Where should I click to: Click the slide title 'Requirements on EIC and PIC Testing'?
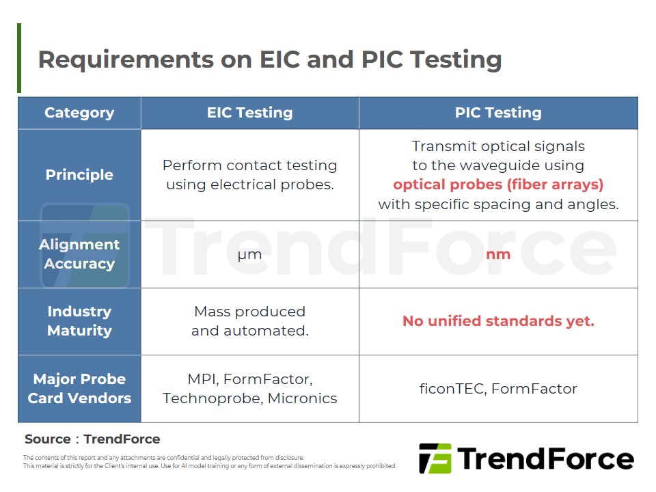(x=270, y=59)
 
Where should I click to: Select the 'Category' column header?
(x=79, y=113)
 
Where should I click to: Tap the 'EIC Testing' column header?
(x=249, y=113)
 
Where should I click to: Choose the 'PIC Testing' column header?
(x=498, y=113)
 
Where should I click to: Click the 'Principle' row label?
(x=79, y=175)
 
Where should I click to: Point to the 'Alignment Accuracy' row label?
(x=79, y=254)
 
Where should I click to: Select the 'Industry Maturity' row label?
(x=79, y=321)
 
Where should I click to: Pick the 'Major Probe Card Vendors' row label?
(x=79, y=388)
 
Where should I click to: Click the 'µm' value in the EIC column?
(x=249, y=255)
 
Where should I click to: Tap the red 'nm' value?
(x=498, y=254)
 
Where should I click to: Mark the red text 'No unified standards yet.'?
(x=498, y=321)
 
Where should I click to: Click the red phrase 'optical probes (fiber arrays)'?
(x=498, y=184)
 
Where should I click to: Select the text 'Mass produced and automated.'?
(x=249, y=321)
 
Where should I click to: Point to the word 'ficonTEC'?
(x=452, y=389)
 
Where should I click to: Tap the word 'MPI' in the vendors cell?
(x=202, y=379)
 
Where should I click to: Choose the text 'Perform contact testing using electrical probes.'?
(x=249, y=175)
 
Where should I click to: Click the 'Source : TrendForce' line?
(x=92, y=439)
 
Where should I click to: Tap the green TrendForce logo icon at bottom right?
(x=435, y=459)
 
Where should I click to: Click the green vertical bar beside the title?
(x=19, y=58)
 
